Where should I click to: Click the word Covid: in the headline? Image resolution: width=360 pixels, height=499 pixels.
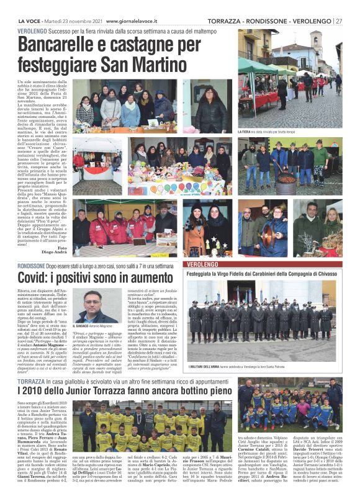[34, 279]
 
